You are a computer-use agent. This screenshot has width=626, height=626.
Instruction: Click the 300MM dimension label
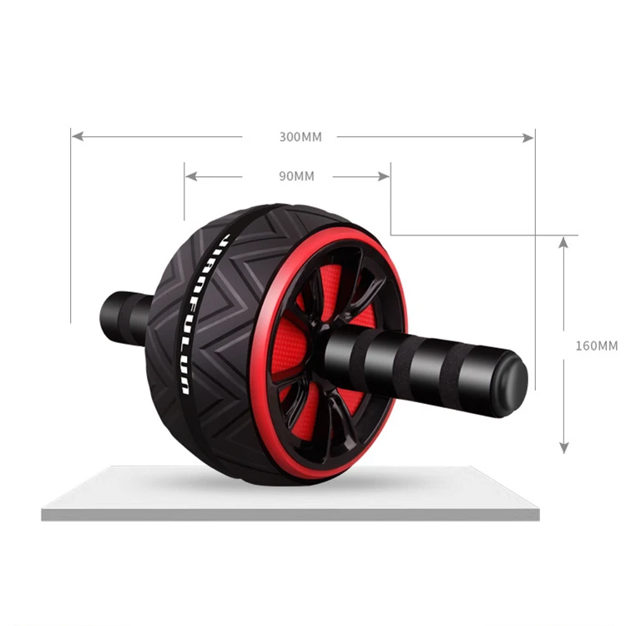click(x=300, y=137)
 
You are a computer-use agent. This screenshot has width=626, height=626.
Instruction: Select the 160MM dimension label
click(x=597, y=345)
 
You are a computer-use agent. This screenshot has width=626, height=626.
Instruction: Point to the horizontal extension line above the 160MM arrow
click(x=476, y=235)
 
